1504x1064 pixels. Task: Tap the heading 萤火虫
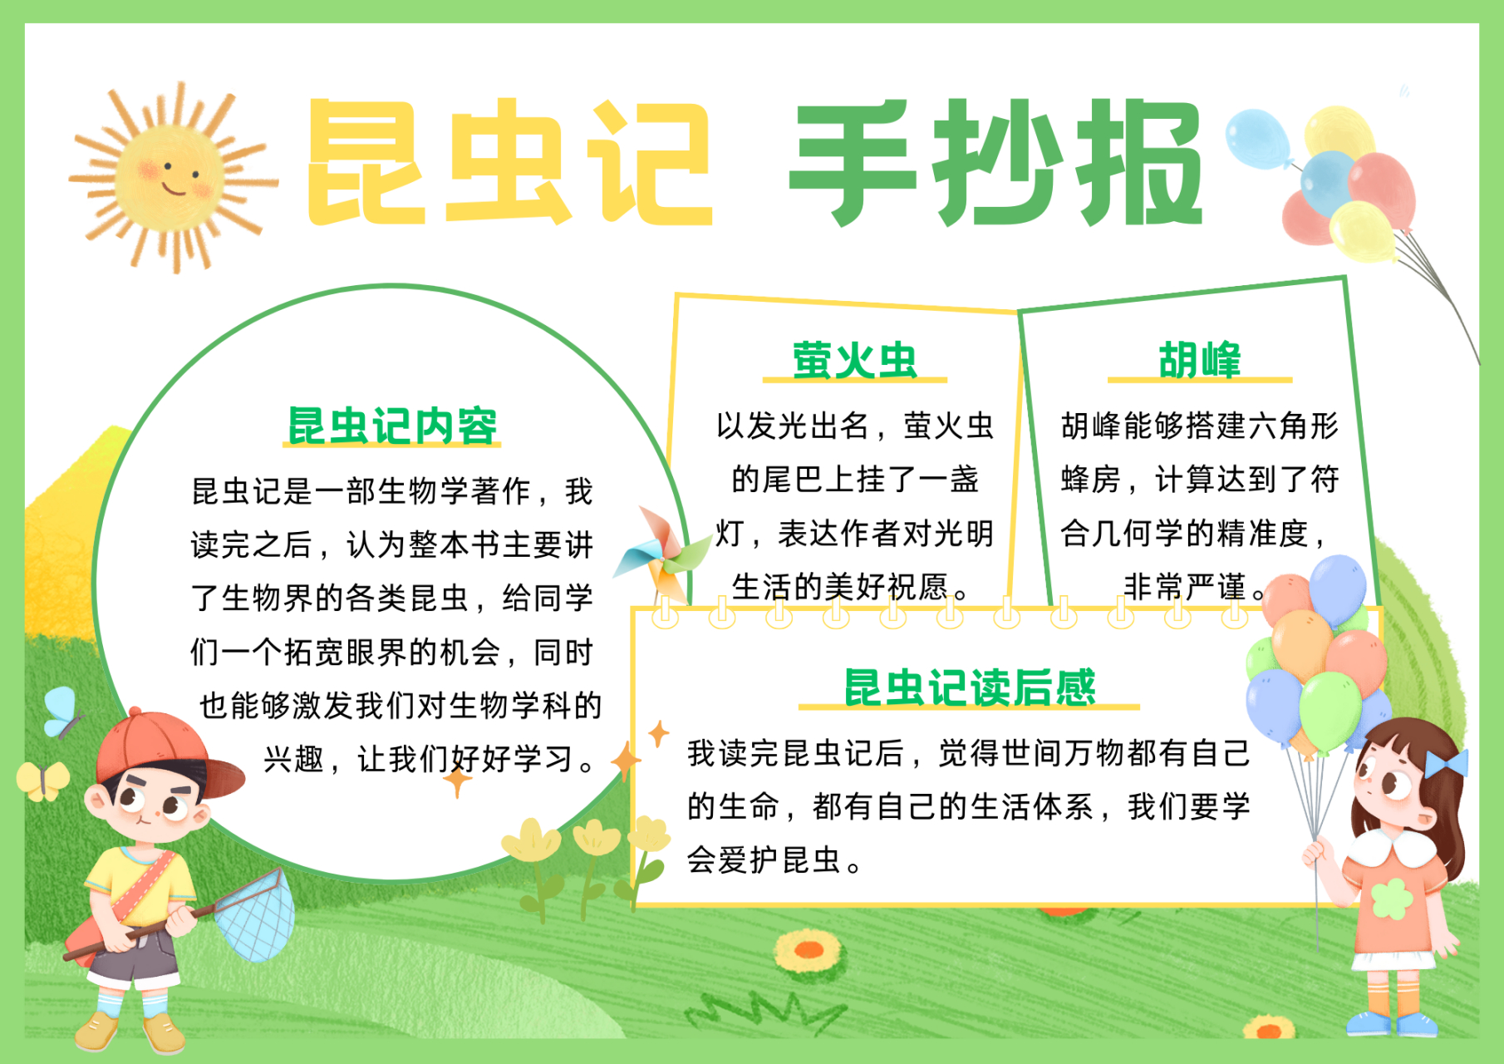(854, 360)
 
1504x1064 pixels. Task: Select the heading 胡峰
(1199, 360)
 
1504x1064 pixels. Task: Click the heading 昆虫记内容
(391, 426)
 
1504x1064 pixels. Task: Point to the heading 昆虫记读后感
(969, 687)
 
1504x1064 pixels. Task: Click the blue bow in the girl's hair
(1446, 763)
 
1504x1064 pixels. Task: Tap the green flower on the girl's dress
(1392, 899)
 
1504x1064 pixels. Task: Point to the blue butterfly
(61, 711)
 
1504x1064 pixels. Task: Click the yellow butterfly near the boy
(42, 780)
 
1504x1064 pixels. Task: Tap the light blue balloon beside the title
(1257, 138)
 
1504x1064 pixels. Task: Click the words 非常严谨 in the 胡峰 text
(1184, 587)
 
